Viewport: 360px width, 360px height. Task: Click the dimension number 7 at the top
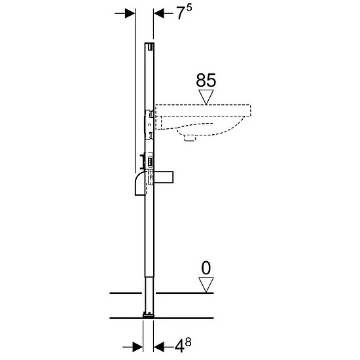tap(181, 13)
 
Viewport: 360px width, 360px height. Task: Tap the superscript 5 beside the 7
tap(189, 8)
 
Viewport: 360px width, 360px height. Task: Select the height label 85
tap(206, 81)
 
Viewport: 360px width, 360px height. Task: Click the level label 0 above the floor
tap(206, 268)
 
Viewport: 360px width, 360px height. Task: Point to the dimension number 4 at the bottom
tap(179, 346)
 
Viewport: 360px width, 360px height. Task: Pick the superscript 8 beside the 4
tap(188, 342)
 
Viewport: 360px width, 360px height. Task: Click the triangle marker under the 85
tap(206, 97)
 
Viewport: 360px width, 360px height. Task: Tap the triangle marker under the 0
tap(206, 285)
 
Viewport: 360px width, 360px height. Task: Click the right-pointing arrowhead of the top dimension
tap(130, 13)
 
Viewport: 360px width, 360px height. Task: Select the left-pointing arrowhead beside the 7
tap(159, 13)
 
